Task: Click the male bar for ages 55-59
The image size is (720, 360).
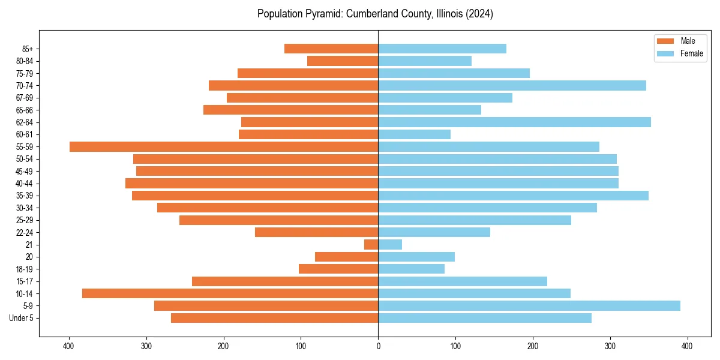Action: (x=224, y=147)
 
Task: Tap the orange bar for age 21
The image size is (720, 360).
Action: (x=371, y=245)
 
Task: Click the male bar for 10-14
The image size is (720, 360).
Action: (x=230, y=294)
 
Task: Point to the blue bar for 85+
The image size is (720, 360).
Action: (x=442, y=49)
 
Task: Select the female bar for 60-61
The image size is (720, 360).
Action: (x=415, y=134)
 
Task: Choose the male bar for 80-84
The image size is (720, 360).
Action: (x=343, y=61)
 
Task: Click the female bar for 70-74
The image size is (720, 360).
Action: (x=512, y=86)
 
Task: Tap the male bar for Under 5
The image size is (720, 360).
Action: (x=275, y=318)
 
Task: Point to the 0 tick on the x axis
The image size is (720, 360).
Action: (x=378, y=346)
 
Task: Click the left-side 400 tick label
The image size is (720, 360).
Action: (x=69, y=346)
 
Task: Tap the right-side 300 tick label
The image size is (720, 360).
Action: (x=610, y=346)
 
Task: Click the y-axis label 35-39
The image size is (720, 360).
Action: (x=25, y=196)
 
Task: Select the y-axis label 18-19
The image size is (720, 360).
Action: (x=25, y=269)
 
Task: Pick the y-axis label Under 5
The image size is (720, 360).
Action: (x=22, y=319)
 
